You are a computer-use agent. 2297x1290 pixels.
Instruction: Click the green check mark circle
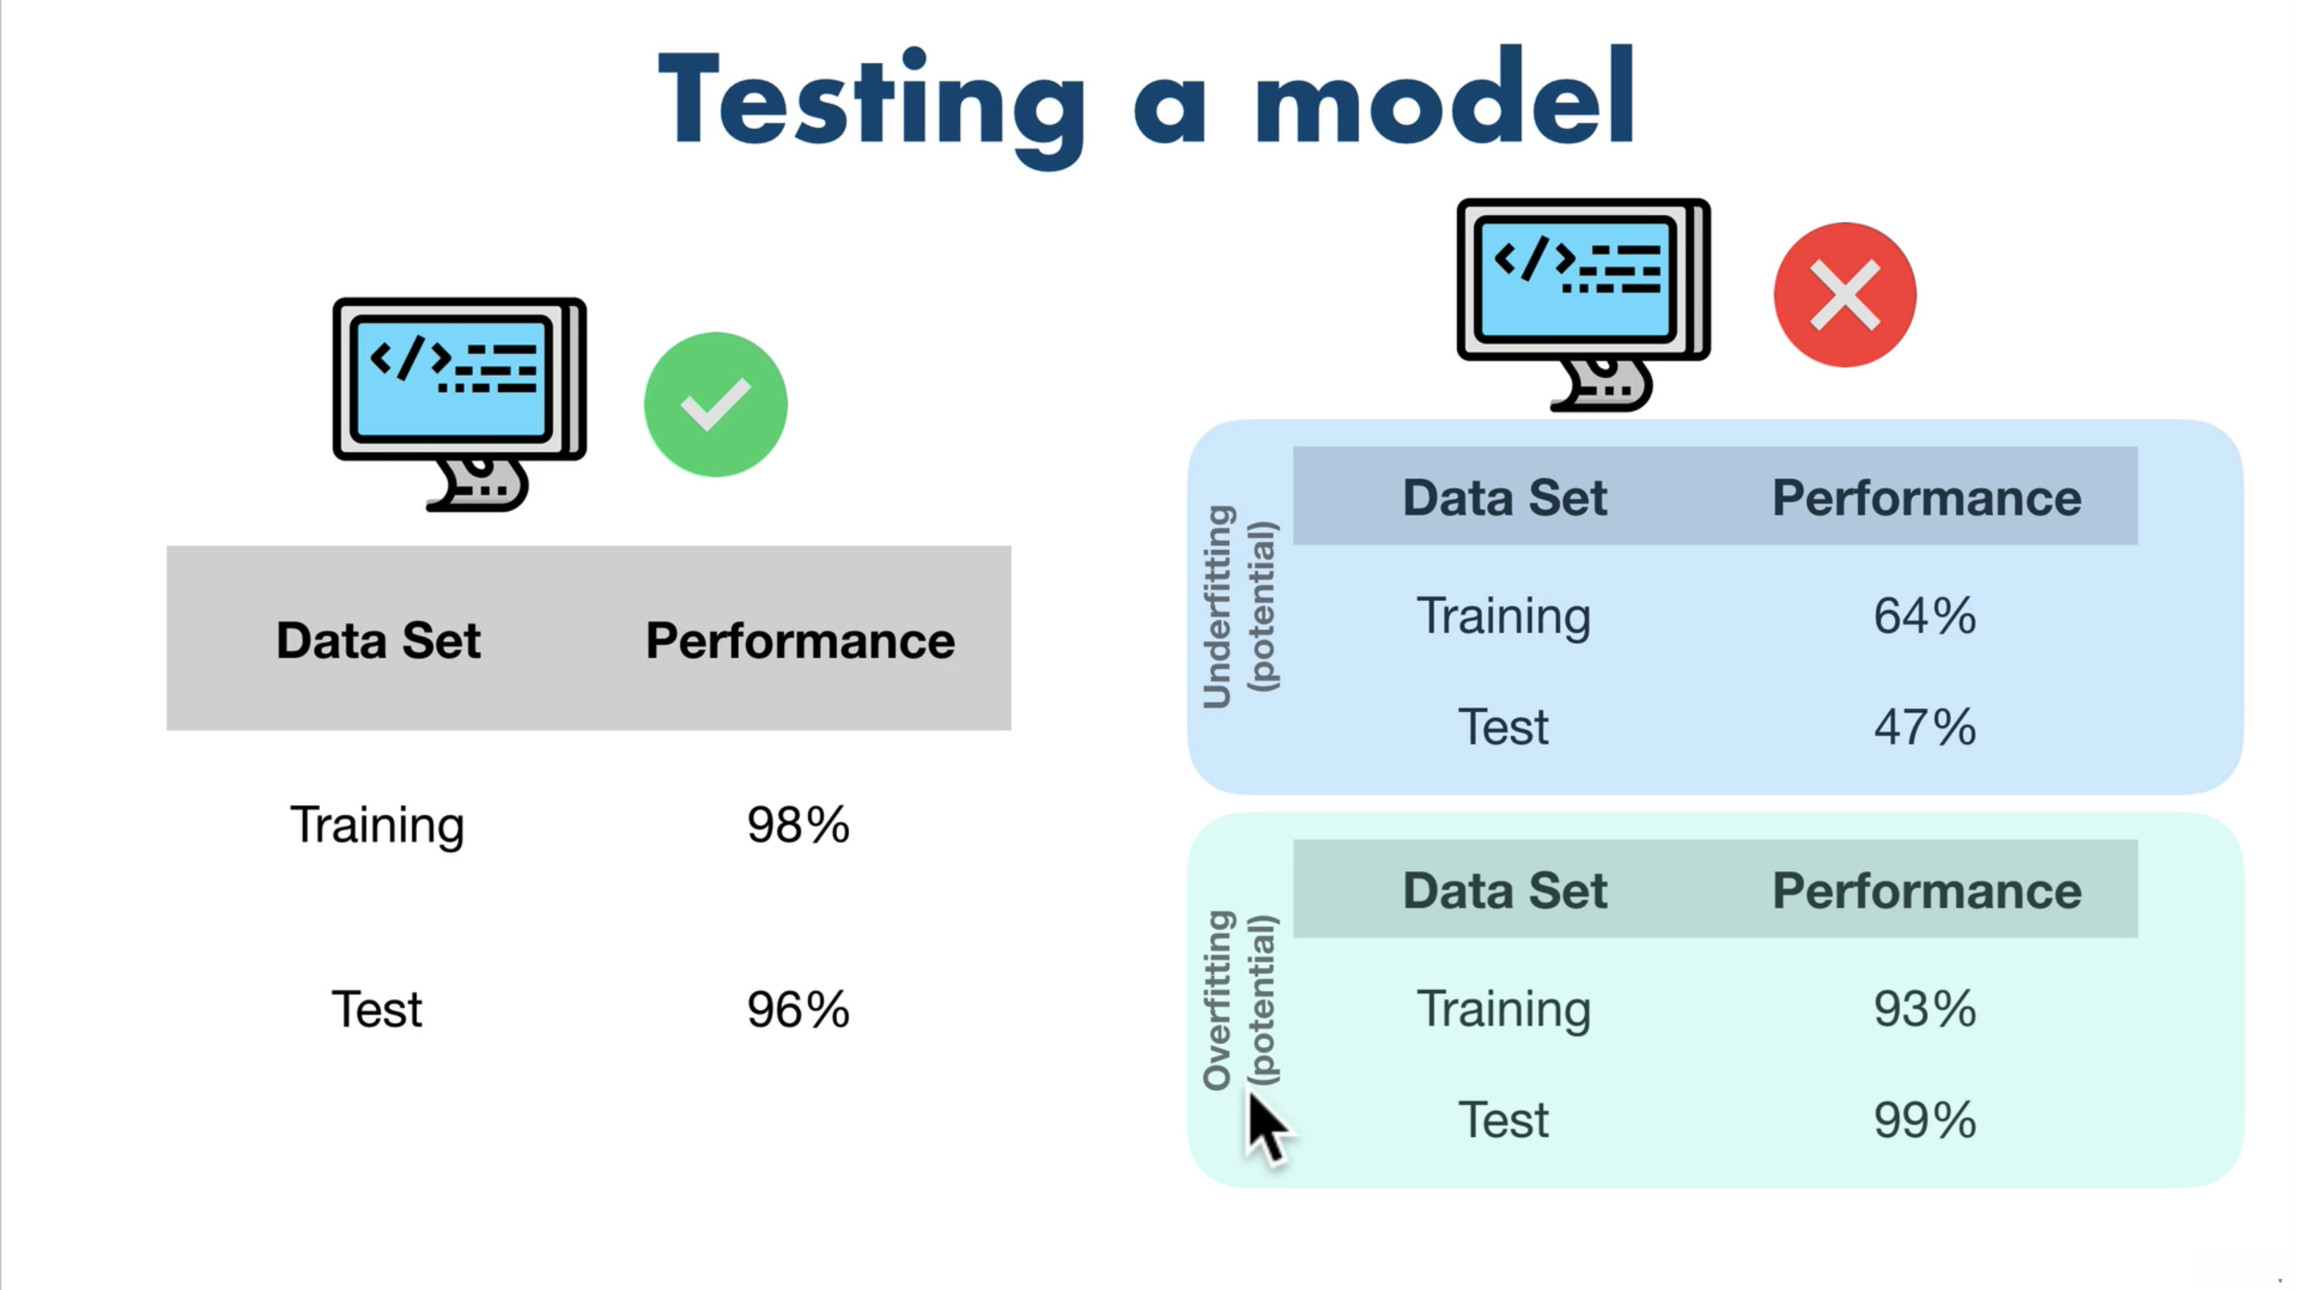(715, 404)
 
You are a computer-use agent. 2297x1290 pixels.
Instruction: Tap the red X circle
(1844, 295)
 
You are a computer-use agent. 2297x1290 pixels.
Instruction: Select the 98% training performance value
(798, 825)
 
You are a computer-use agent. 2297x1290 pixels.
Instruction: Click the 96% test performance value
(798, 1009)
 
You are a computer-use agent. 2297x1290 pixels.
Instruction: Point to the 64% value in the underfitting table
(1924, 615)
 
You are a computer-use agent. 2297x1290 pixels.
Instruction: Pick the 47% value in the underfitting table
(1924, 726)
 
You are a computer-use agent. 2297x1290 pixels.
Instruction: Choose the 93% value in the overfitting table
(1924, 1009)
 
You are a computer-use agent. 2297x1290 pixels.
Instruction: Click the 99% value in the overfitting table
(1924, 1120)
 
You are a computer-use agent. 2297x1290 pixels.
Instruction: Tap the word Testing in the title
(872, 105)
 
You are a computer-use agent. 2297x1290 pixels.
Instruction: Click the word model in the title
(1445, 97)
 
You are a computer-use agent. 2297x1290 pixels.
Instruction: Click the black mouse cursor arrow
(1268, 1129)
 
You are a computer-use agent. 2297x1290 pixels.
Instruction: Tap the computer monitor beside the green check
(459, 404)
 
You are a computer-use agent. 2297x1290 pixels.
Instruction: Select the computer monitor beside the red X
(1583, 304)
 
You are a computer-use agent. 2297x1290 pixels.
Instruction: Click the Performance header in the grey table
(800, 640)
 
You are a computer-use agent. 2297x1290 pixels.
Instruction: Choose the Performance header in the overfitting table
(1926, 890)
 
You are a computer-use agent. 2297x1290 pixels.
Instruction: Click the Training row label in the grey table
(378, 825)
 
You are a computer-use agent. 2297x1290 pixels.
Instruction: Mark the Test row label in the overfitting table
(1504, 1120)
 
